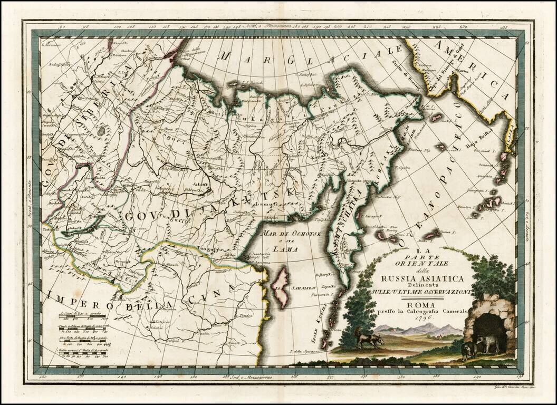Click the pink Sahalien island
[x=281, y=287]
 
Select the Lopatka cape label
[x=323, y=286]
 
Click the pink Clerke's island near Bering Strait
[x=436, y=118]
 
